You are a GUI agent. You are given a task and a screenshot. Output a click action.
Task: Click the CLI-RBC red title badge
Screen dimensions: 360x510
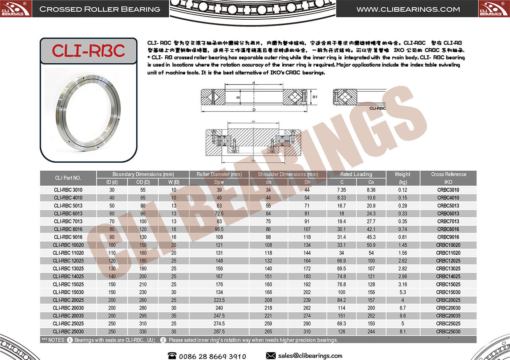(x=88, y=51)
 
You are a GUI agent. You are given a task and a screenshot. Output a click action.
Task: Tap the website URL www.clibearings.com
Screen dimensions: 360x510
(x=408, y=9)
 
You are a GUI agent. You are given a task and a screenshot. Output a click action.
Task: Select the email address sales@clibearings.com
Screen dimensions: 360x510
(x=310, y=356)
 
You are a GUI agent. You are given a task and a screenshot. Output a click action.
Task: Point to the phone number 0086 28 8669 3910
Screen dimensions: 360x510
(x=212, y=356)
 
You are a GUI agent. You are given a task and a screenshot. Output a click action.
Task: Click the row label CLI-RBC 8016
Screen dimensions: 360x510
(x=68, y=229)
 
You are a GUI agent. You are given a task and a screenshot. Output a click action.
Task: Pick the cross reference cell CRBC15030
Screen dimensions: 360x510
(x=448, y=292)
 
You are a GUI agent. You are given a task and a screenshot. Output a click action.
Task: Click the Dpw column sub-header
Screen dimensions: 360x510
(x=219, y=182)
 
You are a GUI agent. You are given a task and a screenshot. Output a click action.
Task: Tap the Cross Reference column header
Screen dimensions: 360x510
(x=448, y=174)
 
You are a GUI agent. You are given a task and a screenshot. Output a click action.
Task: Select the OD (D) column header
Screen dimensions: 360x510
(x=143, y=182)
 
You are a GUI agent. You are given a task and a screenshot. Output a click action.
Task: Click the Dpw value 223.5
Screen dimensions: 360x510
(x=219, y=300)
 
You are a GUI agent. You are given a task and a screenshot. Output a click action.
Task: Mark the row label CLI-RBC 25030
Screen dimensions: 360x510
(x=68, y=332)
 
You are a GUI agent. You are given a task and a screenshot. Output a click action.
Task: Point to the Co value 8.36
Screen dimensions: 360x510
(x=371, y=190)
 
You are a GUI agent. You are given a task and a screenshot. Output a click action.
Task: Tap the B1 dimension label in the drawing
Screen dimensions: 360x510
(x=315, y=97)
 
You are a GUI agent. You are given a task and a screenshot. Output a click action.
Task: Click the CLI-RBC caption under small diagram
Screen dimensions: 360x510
(x=377, y=108)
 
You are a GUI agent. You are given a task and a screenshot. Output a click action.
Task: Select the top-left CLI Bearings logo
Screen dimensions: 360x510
(x=16, y=9)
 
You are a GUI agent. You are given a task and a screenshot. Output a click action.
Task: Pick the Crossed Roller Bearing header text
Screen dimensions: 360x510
(x=99, y=9)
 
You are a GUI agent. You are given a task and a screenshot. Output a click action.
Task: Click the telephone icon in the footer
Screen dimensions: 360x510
(x=172, y=356)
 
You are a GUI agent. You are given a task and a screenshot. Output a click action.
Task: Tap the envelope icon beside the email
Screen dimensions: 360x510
(x=271, y=356)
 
